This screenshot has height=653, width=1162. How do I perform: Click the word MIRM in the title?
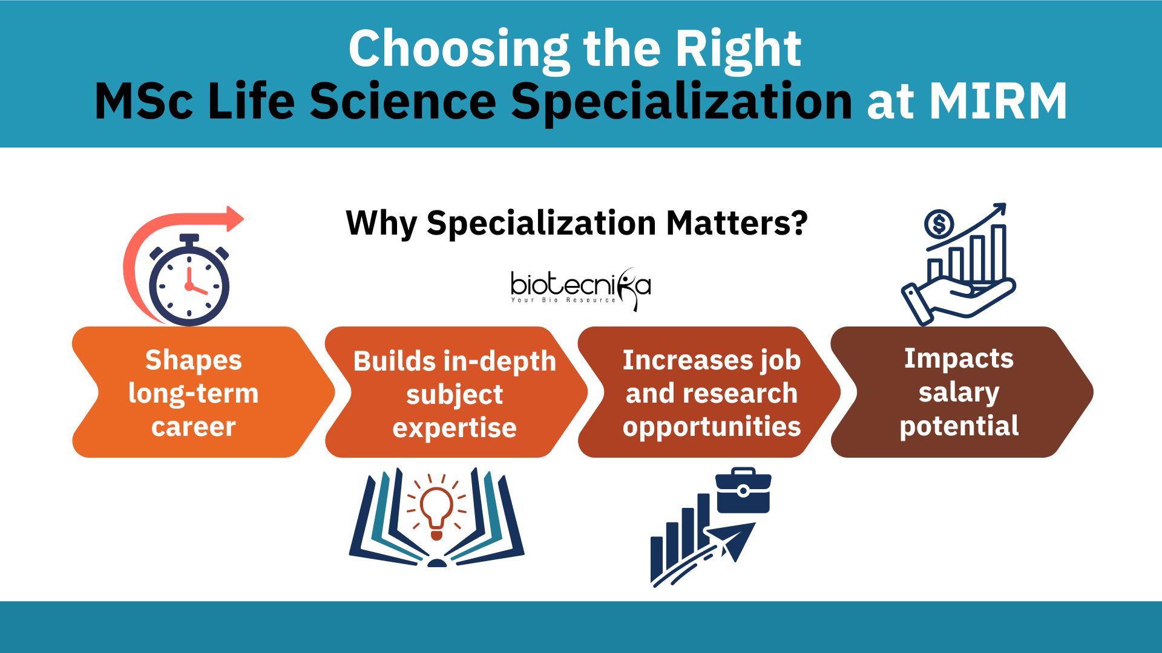(x=998, y=101)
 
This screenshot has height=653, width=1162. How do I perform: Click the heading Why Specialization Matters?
(x=577, y=223)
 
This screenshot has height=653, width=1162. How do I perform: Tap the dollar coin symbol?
(x=939, y=224)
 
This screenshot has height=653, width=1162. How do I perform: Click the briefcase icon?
(x=743, y=490)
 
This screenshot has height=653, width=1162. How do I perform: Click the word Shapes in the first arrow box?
(x=194, y=360)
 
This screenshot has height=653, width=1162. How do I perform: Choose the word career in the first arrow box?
(x=194, y=427)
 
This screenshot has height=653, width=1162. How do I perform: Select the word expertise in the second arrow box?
(x=455, y=428)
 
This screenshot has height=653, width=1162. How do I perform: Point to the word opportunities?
(x=712, y=427)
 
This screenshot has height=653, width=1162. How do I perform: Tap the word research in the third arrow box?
(x=739, y=394)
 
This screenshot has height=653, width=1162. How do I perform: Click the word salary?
(x=959, y=392)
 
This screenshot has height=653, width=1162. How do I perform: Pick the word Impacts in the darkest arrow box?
(x=959, y=359)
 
